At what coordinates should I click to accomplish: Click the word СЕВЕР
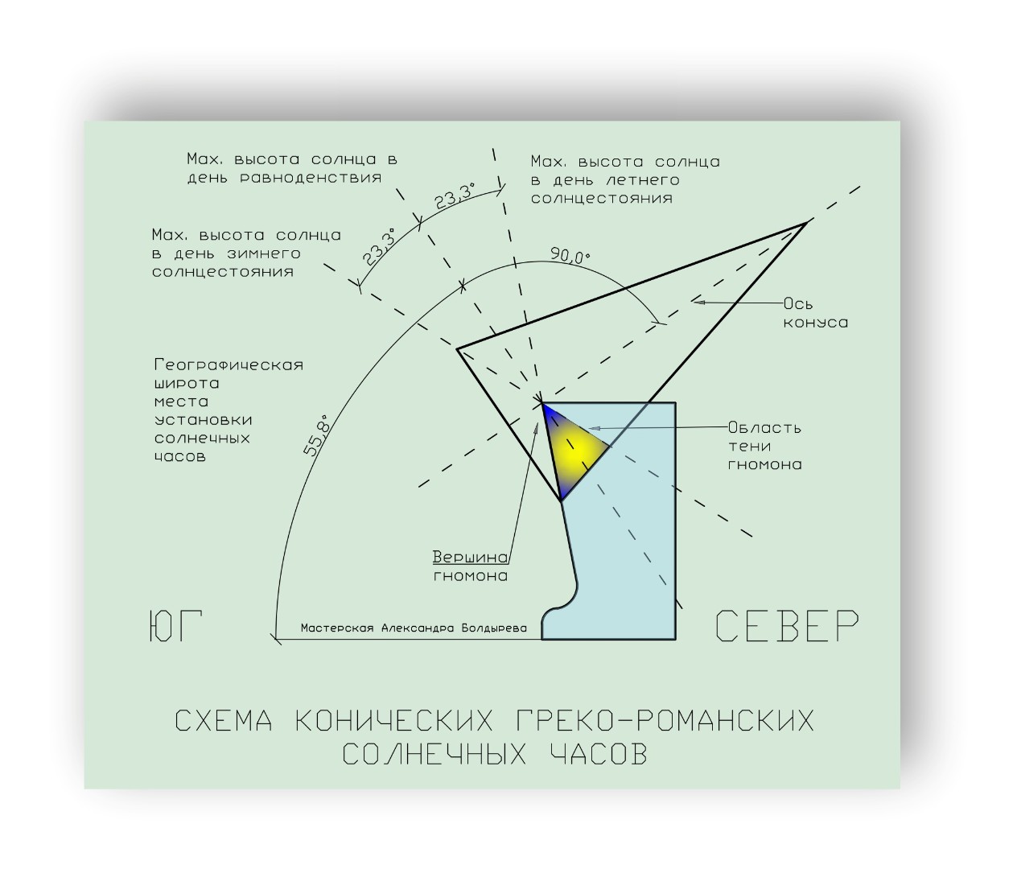(x=787, y=627)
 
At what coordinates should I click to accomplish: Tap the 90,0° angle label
(x=570, y=256)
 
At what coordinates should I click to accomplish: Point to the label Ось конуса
(x=816, y=313)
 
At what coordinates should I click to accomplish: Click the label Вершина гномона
(x=471, y=566)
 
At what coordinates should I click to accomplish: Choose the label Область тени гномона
(x=764, y=446)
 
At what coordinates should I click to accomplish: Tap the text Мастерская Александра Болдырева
(x=414, y=628)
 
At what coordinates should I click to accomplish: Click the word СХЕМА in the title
(x=224, y=721)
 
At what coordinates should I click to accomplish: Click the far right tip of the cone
(x=805, y=223)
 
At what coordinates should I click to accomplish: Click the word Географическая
(x=229, y=364)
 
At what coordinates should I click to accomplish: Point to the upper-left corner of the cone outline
(x=457, y=349)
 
